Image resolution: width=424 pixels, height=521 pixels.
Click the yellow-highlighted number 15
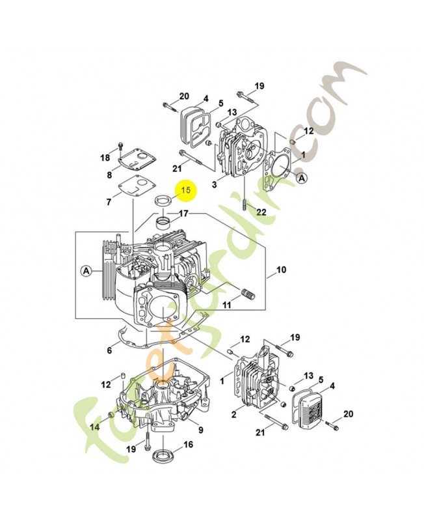pos(186,190)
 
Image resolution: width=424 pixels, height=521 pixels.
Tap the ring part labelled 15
pos(163,201)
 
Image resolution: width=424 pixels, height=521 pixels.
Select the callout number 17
pos(183,214)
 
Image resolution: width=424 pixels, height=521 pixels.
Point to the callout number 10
pos(281,270)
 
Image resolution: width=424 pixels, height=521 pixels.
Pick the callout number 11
pos(226,305)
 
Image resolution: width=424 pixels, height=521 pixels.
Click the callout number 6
pos(109,350)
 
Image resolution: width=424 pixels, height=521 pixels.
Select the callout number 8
pos(109,175)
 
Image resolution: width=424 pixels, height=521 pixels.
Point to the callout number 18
pos(105,158)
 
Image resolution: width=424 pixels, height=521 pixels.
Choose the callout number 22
pos(261,212)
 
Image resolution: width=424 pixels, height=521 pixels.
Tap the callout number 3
pos(215,184)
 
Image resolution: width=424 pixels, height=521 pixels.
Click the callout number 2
pos(234,414)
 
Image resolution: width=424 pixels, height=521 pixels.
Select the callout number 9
pos(201,430)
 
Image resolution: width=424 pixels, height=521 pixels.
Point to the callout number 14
pos(95,427)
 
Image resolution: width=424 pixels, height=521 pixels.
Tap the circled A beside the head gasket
pos(301,178)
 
